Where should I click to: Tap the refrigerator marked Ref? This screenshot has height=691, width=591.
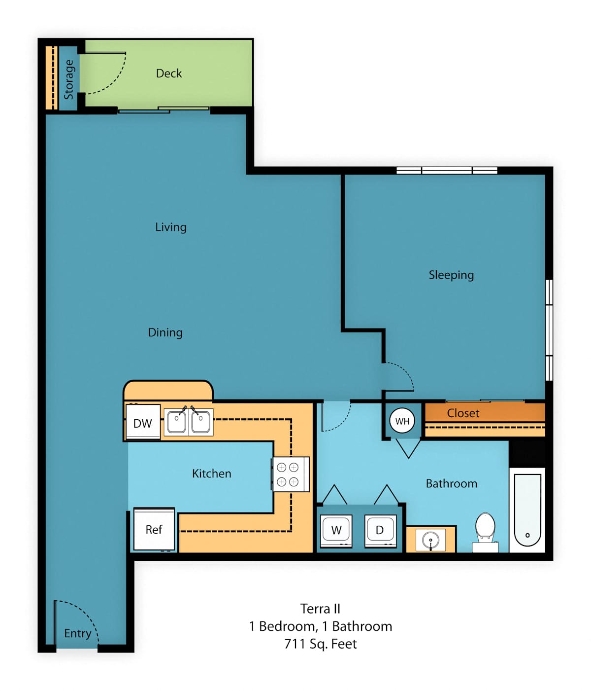click(154, 529)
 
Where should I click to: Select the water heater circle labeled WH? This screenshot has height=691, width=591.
click(402, 421)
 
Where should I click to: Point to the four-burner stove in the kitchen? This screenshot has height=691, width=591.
click(290, 474)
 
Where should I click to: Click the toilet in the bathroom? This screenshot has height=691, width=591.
click(485, 532)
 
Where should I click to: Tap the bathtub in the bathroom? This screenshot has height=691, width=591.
click(527, 509)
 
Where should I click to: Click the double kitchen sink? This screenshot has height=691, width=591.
click(188, 422)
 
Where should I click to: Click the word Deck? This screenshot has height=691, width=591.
click(169, 73)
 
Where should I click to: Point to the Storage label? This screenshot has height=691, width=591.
click(69, 79)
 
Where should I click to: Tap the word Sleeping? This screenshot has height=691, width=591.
click(451, 275)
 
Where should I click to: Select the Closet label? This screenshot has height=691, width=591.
click(463, 413)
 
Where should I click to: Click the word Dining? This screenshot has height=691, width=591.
click(165, 332)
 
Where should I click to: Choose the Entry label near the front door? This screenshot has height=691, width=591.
click(77, 633)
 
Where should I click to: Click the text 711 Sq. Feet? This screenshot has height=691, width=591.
click(321, 644)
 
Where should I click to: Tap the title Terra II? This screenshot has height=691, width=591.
click(320, 609)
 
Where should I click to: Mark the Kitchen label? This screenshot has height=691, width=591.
click(212, 473)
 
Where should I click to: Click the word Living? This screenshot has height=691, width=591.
click(170, 227)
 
